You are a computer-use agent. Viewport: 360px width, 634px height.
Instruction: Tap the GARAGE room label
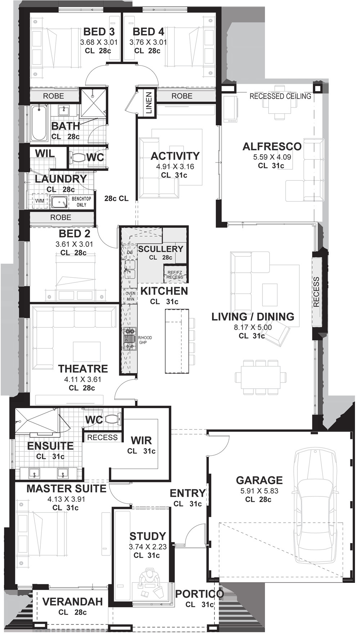pyautogui.click(x=259, y=480)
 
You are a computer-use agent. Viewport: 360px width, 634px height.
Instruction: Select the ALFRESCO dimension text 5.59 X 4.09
pyautogui.click(x=272, y=157)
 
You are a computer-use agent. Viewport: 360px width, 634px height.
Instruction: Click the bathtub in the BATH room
pyautogui.click(x=39, y=123)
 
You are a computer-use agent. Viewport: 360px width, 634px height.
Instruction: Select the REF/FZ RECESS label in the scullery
pyautogui.click(x=175, y=275)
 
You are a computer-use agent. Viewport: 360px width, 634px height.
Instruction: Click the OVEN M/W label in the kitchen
pyautogui.click(x=130, y=296)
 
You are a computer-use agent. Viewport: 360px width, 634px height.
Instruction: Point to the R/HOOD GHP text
pyautogui.click(x=145, y=340)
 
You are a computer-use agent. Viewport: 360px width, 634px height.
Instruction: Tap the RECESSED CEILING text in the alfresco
pyautogui.click(x=280, y=96)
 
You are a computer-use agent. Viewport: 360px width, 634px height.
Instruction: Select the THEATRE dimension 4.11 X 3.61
pyautogui.click(x=83, y=379)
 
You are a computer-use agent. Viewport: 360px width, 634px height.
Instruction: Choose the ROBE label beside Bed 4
pyautogui.click(x=182, y=96)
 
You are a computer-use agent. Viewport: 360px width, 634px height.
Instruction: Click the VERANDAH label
pyautogui.click(x=73, y=602)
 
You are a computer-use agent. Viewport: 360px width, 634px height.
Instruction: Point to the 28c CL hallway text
pyautogui.click(x=116, y=198)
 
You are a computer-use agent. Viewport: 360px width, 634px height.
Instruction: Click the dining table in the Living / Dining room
pyautogui.click(x=261, y=377)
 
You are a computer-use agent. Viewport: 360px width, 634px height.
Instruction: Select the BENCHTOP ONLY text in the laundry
pyautogui.click(x=81, y=202)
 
